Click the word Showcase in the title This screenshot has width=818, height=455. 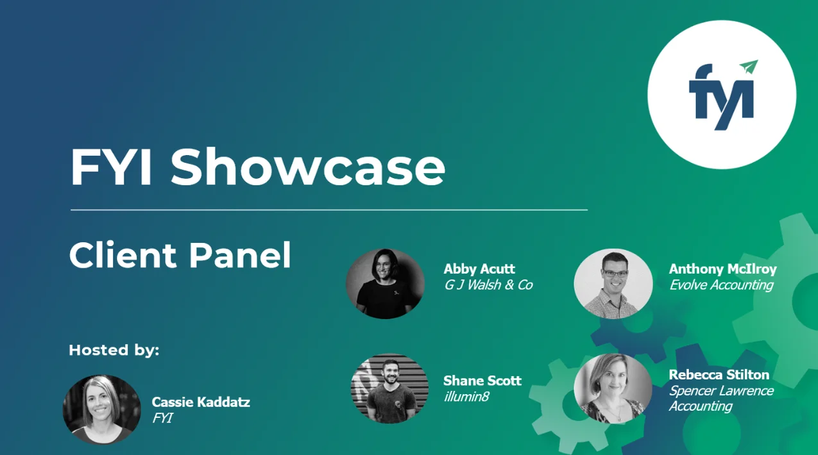[x=308, y=168]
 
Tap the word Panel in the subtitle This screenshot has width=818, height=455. [x=240, y=255]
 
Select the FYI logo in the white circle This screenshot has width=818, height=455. [x=721, y=96]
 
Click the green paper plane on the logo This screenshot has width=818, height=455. [x=749, y=67]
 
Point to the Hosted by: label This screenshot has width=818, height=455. [x=114, y=350]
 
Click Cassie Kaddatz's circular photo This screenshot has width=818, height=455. [x=101, y=409]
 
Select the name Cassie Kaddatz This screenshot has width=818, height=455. [x=201, y=402]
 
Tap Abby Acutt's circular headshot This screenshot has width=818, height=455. [x=385, y=283]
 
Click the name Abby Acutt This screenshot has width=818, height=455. [x=479, y=269]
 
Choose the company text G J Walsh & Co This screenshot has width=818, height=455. [x=488, y=285]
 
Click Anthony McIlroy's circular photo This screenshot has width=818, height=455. [x=613, y=283]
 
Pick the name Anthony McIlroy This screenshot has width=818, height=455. [x=722, y=269]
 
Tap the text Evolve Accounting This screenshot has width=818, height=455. [x=721, y=285]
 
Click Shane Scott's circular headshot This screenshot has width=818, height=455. [x=389, y=388]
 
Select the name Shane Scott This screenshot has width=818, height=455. [x=482, y=381]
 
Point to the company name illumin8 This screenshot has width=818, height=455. [x=466, y=397]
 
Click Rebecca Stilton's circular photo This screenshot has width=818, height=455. [x=613, y=388]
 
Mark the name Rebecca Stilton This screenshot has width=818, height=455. [x=719, y=374]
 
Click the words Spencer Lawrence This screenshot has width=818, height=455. [x=721, y=390]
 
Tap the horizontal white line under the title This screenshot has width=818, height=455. [x=328, y=210]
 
